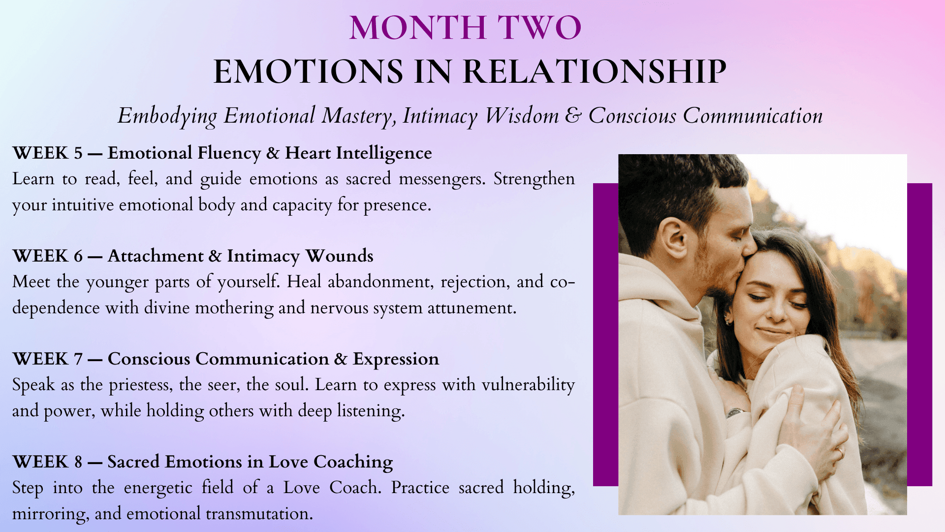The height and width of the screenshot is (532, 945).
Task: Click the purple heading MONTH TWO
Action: (465, 28)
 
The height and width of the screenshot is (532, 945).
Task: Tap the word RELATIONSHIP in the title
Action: (595, 71)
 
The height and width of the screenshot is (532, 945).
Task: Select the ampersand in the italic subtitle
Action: (573, 116)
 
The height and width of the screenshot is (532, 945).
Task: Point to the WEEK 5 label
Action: (48, 153)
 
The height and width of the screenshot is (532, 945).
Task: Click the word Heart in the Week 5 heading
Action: (308, 153)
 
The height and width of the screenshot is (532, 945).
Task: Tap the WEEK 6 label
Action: (48, 256)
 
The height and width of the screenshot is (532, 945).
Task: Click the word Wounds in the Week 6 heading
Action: (339, 256)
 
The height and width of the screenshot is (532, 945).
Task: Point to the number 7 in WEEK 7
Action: (78, 359)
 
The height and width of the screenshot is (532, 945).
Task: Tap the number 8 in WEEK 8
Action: (78, 462)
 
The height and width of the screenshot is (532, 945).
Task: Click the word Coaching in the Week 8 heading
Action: (353, 463)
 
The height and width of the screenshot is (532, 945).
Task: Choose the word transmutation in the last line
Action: (259, 514)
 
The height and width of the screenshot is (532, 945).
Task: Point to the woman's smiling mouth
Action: (771, 331)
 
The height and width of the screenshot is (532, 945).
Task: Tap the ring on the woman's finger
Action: (840, 450)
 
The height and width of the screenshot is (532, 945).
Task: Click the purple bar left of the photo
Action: (605, 335)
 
